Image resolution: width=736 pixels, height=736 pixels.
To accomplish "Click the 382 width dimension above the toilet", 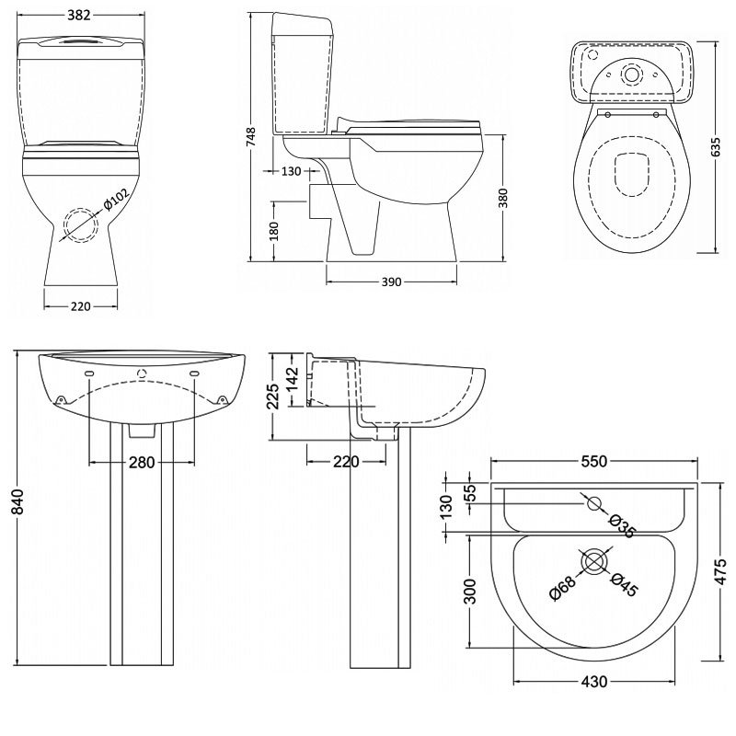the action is tap(79, 15).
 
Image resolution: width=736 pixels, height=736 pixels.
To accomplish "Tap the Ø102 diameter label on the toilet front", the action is tap(116, 200).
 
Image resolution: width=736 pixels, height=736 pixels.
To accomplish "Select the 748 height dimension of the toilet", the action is tap(251, 136).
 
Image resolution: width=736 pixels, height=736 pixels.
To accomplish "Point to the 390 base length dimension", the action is tap(392, 282).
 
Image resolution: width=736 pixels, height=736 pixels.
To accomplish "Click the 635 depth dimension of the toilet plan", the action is tap(716, 147).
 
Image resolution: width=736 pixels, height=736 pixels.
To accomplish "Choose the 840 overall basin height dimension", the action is tap(17, 501).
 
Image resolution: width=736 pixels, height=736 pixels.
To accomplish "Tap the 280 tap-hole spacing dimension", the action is tap(142, 463).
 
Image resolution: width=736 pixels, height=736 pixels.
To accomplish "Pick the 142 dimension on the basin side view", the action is tap(292, 378).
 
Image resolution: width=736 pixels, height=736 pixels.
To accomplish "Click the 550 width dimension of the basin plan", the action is tap(594, 462).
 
